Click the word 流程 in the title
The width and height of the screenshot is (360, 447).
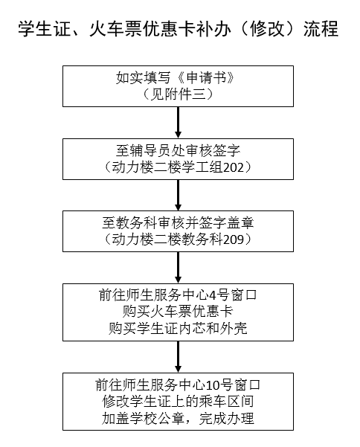tap(321, 29)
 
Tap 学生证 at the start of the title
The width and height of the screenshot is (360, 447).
tap(44, 29)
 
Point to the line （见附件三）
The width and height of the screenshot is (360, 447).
tap(178, 94)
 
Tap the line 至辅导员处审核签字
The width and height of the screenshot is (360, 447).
tap(178, 150)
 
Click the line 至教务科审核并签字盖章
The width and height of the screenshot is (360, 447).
tap(178, 223)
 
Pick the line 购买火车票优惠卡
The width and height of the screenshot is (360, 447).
tap(178, 312)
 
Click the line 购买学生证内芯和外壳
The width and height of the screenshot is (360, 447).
tap(178, 329)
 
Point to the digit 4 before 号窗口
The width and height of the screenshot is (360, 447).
tap(213, 295)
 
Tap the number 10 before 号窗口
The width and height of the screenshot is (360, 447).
tap(212, 385)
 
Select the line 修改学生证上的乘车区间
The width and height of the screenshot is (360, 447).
tap(178, 402)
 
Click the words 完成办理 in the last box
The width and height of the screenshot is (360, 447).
tap(226, 419)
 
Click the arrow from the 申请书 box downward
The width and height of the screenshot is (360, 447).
tap(179, 123)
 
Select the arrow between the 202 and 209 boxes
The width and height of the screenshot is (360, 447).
tap(179, 196)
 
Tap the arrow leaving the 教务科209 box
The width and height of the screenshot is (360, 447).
tap(179, 268)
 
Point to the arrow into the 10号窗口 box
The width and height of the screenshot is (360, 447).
tap(179, 357)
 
